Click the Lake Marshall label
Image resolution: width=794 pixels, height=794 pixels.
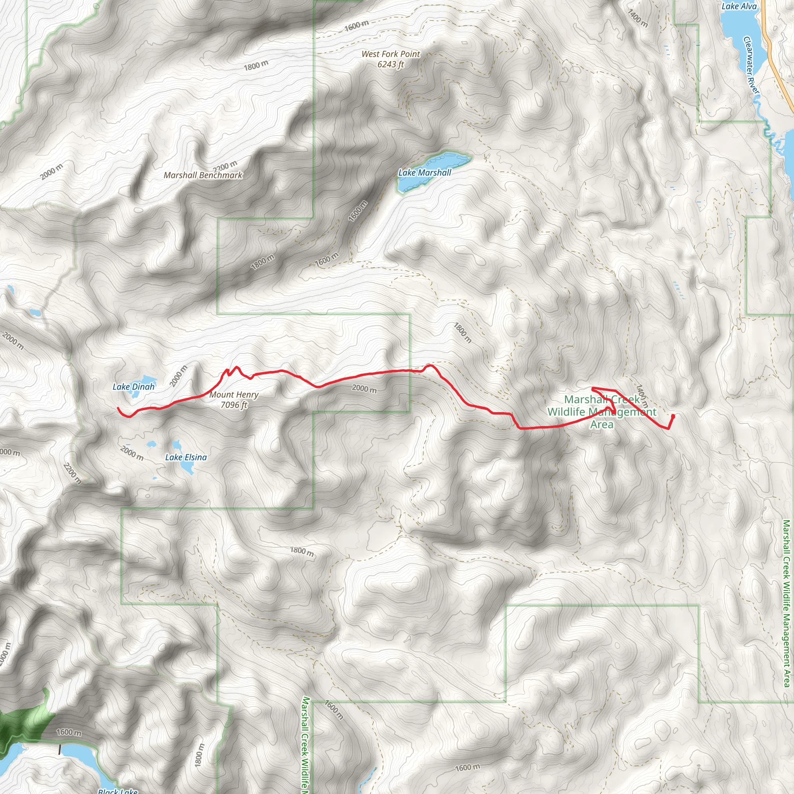[x=425, y=173]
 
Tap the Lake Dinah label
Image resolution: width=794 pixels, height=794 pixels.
[x=134, y=386]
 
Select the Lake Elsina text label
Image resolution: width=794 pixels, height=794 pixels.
[x=186, y=457]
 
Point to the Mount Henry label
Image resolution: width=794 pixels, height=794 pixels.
[x=234, y=395]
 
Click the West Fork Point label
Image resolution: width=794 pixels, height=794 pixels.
[x=391, y=54]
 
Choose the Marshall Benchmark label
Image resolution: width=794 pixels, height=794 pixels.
[x=203, y=175]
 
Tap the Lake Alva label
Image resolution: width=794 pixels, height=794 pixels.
[x=739, y=6]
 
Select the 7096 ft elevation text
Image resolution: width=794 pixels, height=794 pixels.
[x=234, y=405]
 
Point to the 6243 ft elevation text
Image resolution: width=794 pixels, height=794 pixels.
[x=391, y=64]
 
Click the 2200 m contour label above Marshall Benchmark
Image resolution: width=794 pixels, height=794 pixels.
[x=225, y=166]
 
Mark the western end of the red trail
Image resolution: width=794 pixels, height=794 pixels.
[x=118, y=409]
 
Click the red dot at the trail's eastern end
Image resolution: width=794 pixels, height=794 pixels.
[x=673, y=416]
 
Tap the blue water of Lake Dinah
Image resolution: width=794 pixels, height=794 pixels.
[x=146, y=379]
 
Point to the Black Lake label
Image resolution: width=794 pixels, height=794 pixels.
[x=118, y=791]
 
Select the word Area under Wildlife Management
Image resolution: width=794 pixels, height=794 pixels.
[x=602, y=424]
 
